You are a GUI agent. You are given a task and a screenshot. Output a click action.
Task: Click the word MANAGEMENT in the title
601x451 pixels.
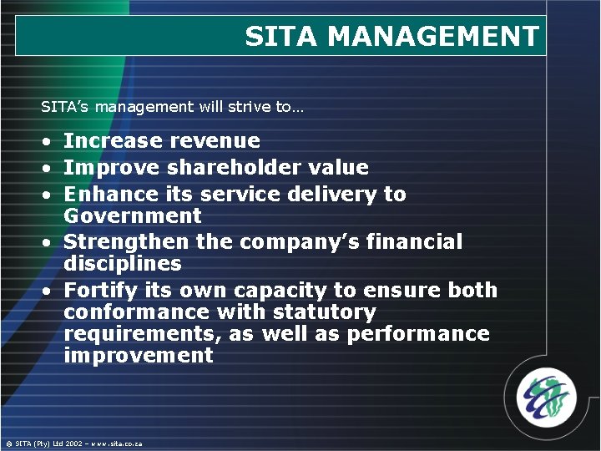tap(433, 36)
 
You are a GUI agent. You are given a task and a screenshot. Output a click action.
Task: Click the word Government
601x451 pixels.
tap(133, 216)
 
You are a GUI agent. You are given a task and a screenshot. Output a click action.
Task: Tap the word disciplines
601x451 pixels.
tap(123, 264)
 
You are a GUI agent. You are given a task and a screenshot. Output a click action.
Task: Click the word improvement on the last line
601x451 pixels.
tap(139, 356)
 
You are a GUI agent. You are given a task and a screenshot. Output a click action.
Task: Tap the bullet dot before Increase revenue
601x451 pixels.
tap(49, 141)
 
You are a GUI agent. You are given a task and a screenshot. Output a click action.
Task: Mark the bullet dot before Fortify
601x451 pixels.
tap(49, 291)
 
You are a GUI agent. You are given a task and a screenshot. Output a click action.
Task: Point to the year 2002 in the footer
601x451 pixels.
tap(73, 443)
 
